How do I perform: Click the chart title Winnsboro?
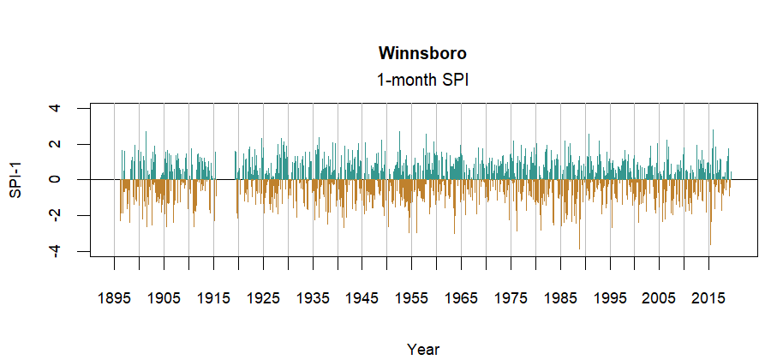tap(422, 54)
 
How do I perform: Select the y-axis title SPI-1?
tap(15, 180)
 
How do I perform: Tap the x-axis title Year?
tap(423, 349)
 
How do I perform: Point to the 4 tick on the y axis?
tap(56, 108)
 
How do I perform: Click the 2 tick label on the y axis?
tap(56, 144)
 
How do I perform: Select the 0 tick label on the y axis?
tap(56, 180)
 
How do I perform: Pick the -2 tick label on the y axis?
tap(56, 215)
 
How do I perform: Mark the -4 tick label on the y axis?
tap(56, 251)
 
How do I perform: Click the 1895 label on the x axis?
tap(114, 298)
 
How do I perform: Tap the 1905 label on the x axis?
tap(164, 298)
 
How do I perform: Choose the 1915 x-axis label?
tap(213, 298)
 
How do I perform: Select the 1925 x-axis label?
tap(263, 298)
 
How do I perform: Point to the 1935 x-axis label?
tap(313, 298)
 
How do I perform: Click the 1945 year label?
tap(362, 298)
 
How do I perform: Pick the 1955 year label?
tap(412, 298)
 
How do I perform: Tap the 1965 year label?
tap(462, 298)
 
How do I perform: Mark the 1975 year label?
tap(511, 298)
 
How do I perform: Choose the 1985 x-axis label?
tap(561, 298)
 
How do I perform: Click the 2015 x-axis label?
tap(709, 298)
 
